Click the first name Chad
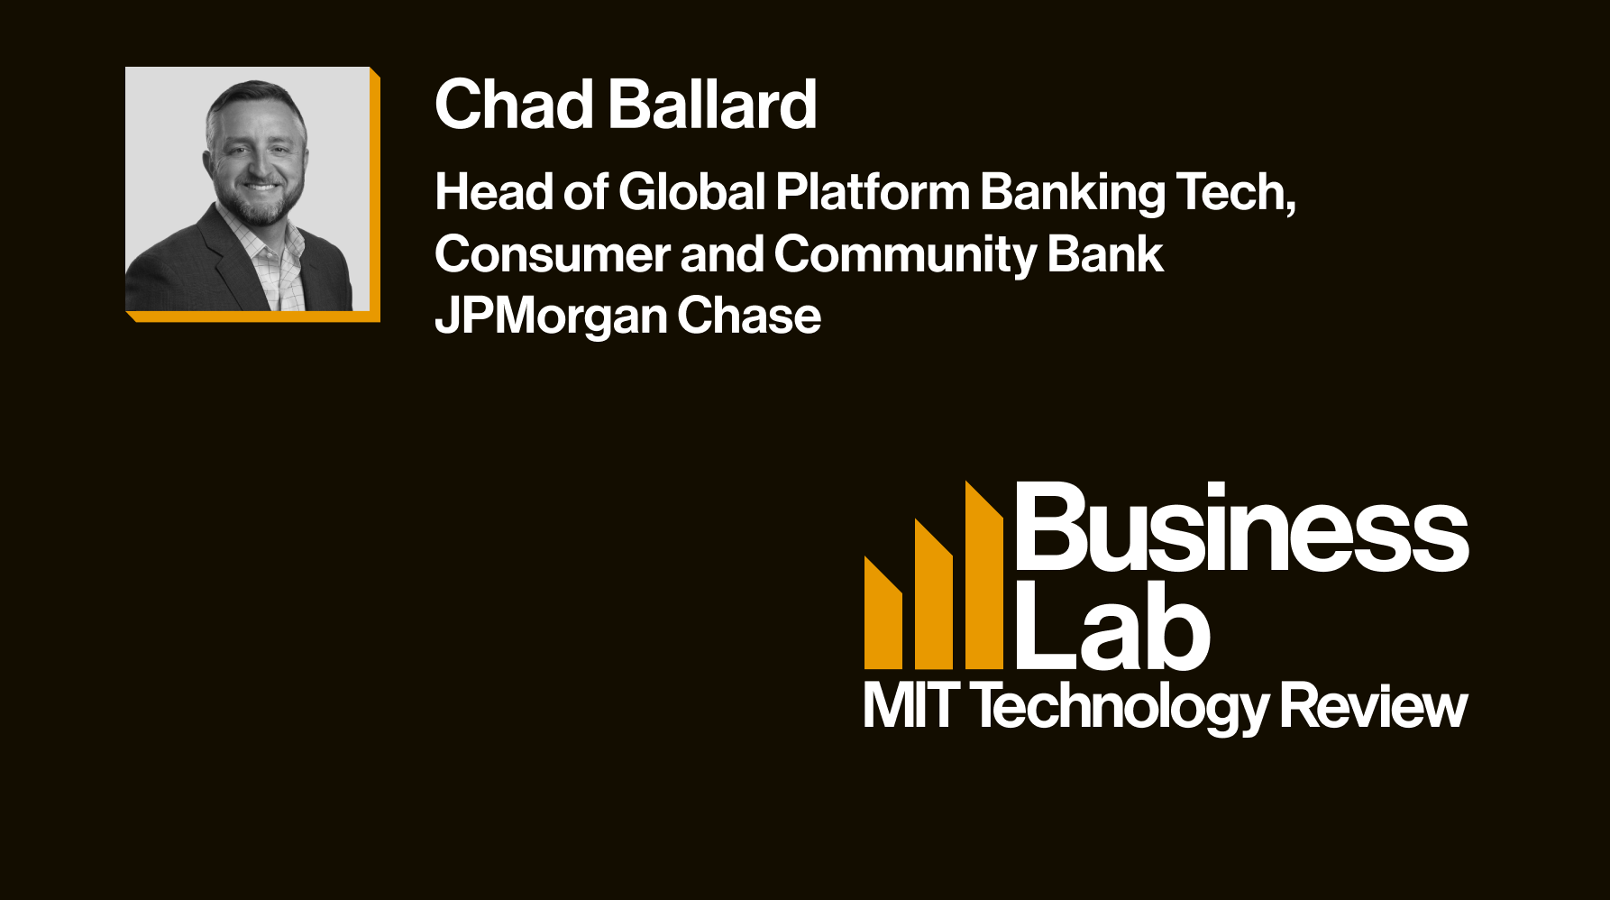(x=514, y=105)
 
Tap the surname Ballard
(x=713, y=105)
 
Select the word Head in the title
(x=494, y=192)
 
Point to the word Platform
(x=873, y=192)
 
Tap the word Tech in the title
(x=1235, y=194)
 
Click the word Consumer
(x=553, y=254)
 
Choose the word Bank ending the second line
(x=1105, y=254)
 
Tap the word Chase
(x=749, y=317)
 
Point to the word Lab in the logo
(x=1113, y=625)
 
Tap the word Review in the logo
(x=1374, y=705)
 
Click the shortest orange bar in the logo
(x=883, y=613)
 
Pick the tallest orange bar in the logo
(x=984, y=576)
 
